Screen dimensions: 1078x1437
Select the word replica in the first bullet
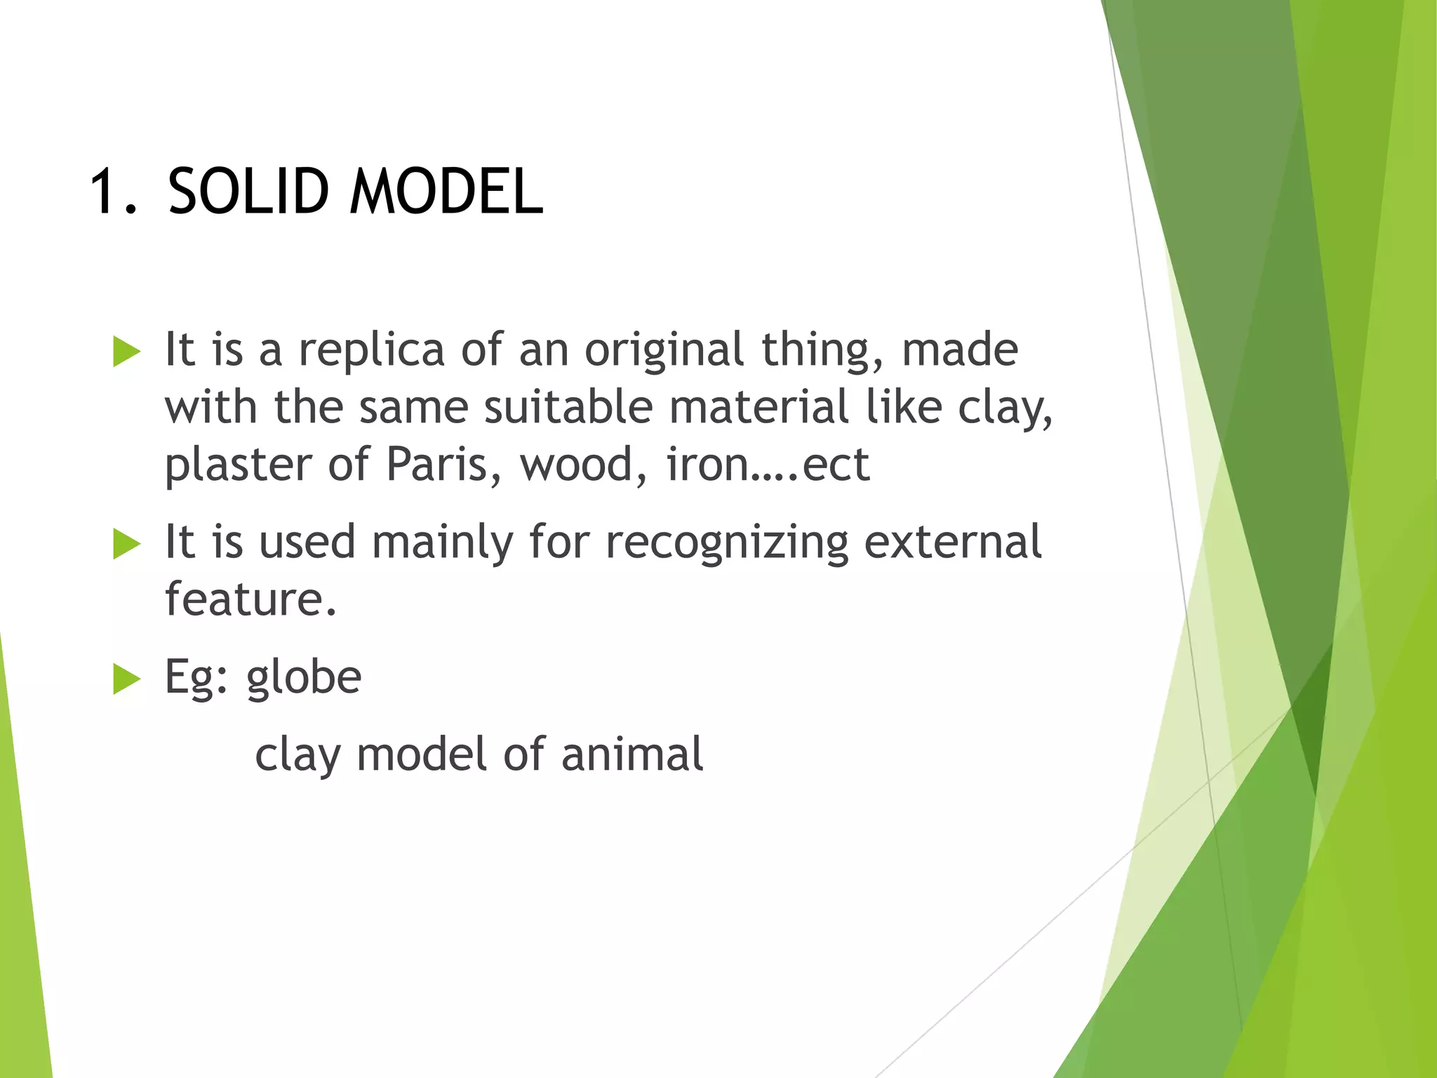372,350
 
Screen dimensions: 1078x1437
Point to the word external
952,542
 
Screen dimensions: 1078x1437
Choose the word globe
304,678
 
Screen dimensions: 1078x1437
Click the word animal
631,754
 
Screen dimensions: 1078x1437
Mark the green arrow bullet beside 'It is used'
126,544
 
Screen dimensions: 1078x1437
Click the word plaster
238,465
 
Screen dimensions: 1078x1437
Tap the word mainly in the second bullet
442,543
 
